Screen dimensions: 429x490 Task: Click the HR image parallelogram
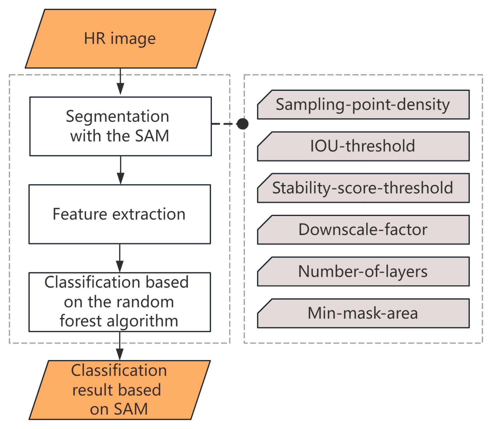(120, 39)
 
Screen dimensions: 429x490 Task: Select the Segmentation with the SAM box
(121, 126)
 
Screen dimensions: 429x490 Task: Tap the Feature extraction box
(119, 214)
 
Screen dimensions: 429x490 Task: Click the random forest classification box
(119, 302)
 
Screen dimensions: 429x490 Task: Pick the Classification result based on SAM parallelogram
(119, 390)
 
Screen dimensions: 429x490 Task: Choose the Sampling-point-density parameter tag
(363, 105)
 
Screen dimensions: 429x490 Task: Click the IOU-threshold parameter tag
(363, 146)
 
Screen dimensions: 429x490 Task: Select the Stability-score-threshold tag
(363, 188)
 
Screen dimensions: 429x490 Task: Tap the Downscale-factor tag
(363, 230)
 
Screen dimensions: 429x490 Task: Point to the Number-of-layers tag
(363, 272)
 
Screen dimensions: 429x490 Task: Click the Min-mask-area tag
(363, 313)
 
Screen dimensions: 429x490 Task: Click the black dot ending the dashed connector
(242, 124)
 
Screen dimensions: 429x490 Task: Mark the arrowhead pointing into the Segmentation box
(120, 89)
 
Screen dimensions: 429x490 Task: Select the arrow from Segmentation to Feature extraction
(121, 170)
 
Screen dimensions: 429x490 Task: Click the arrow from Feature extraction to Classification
(119, 258)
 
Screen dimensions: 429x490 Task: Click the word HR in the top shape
(95, 39)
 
